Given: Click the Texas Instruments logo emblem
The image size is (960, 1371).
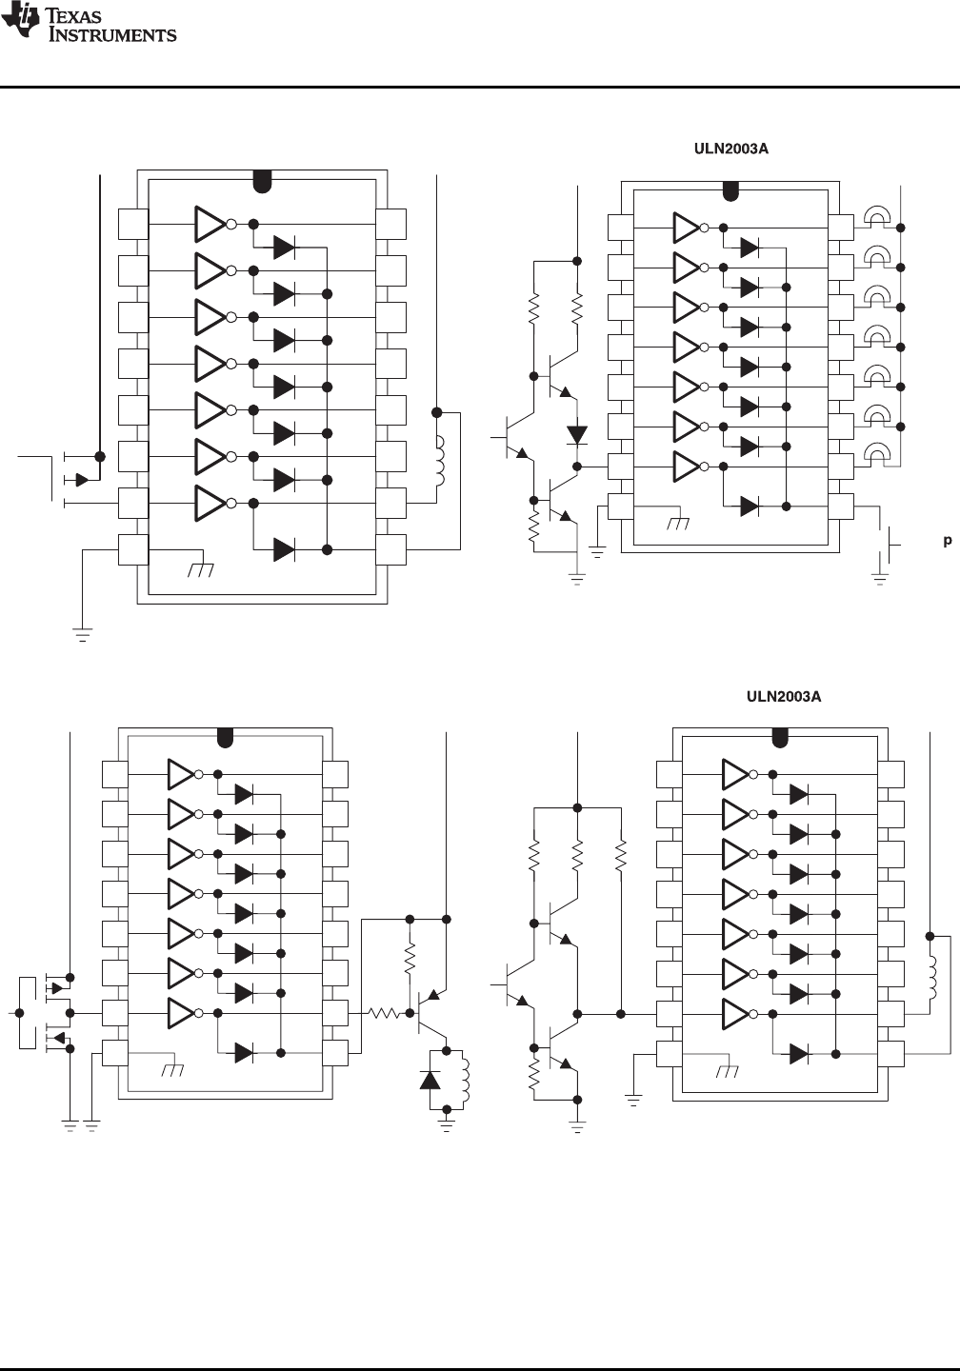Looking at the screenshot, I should [18, 22].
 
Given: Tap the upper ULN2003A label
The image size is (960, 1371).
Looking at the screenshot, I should [729, 149].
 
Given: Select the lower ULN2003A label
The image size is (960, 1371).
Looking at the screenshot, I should [783, 696].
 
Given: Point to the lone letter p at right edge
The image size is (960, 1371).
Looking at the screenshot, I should [948, 541].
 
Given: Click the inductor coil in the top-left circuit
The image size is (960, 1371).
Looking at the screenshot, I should [440, 462].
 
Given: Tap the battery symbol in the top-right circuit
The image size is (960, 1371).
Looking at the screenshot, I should [892, 546].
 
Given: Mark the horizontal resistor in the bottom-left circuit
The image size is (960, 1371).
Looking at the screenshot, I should [385, 1014].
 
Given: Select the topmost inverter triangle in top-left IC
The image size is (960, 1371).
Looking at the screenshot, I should [210, 224].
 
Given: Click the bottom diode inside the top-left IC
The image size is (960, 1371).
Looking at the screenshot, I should [284, 549].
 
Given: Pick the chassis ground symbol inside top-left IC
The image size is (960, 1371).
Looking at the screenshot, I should [202, 568].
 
